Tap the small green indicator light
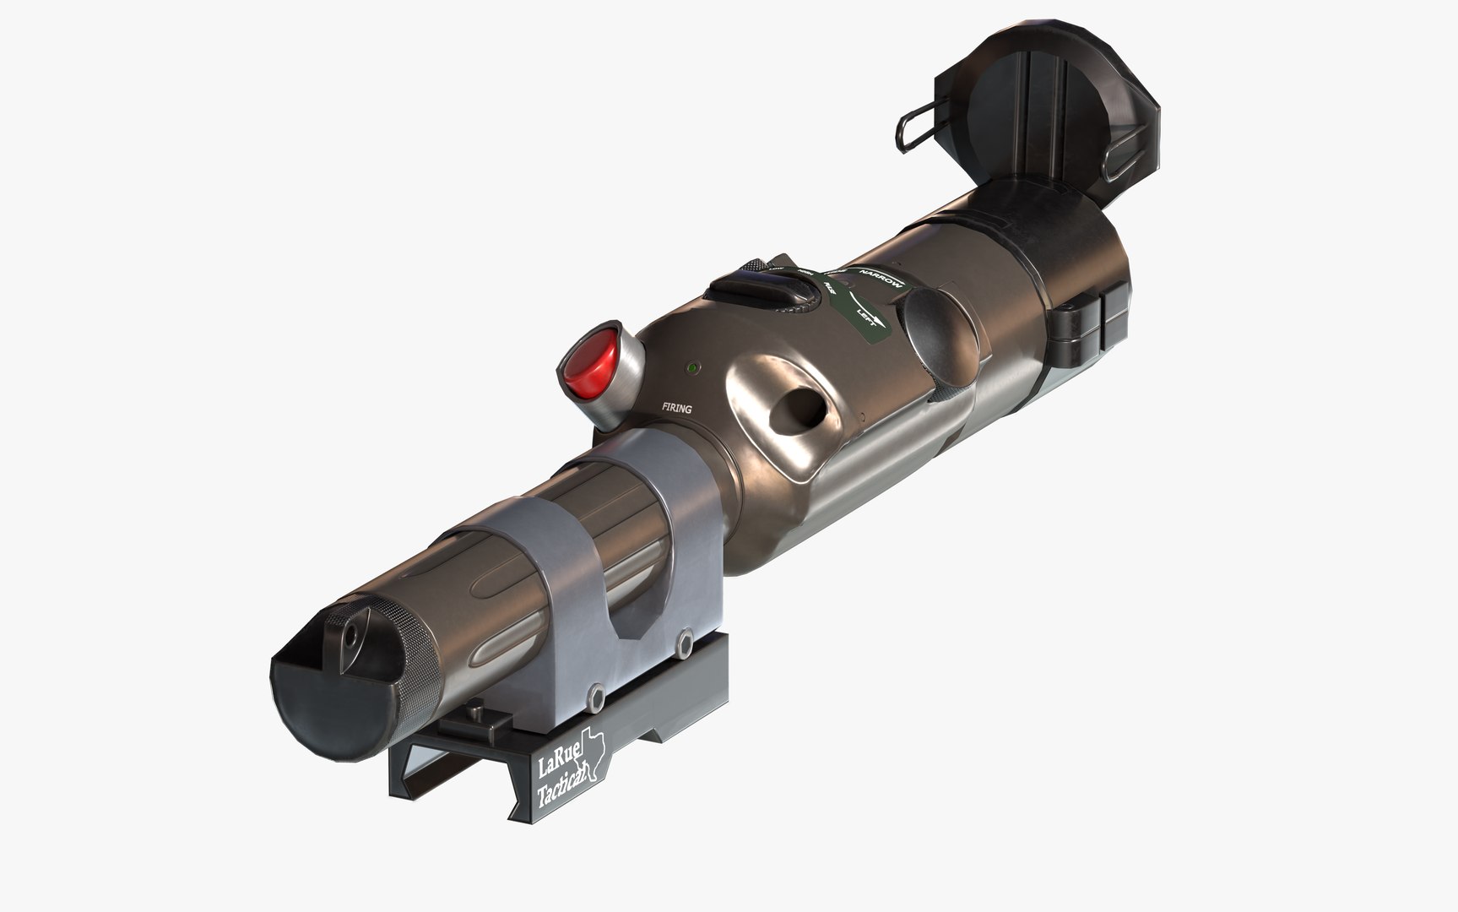tap(692, 369)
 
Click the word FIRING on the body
tap(676, 409)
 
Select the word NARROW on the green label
tap(880, 279)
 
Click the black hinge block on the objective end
tap(1089, 325)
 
